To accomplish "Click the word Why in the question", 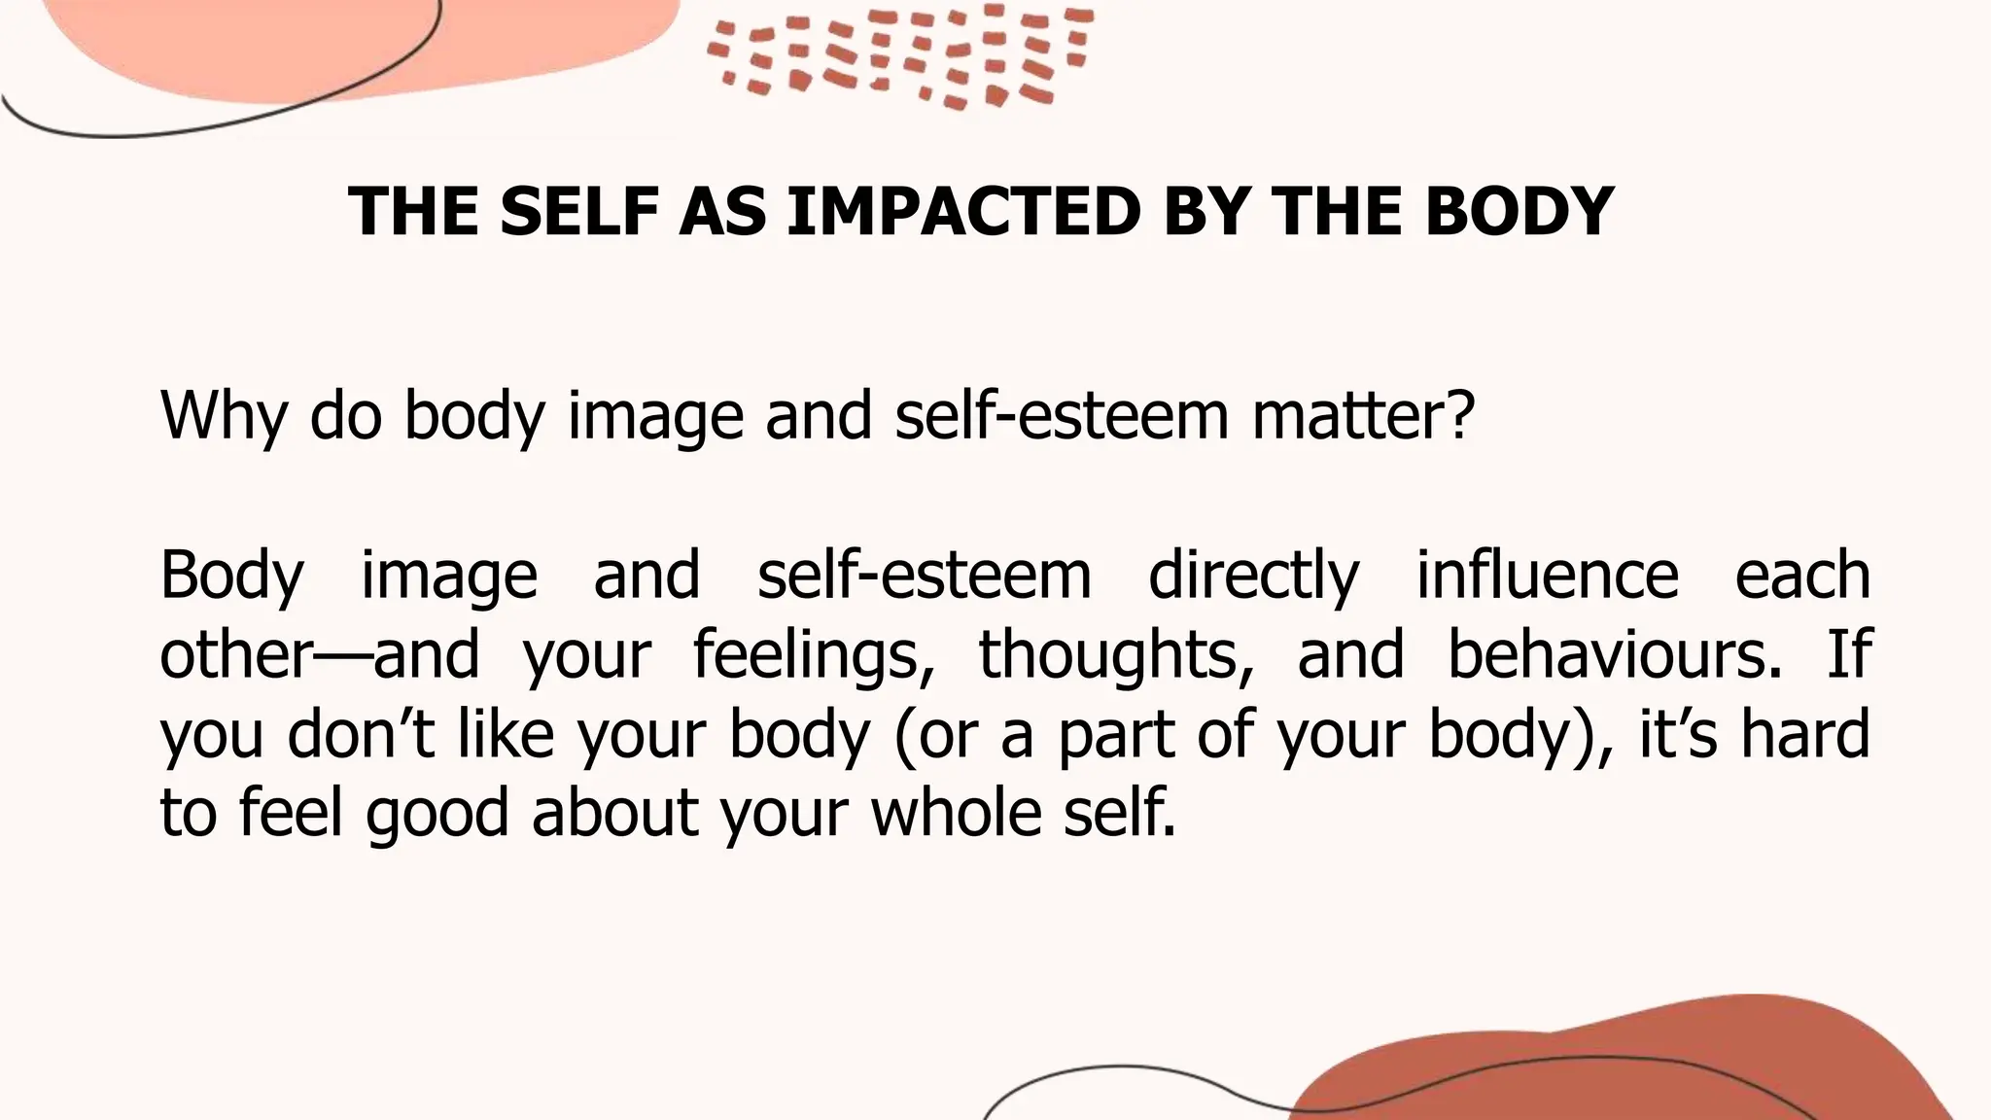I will pos(224,416).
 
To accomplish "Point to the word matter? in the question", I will pos(1363,416).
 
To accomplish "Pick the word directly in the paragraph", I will pos(1253,576).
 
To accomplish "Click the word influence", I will pos(1547,576).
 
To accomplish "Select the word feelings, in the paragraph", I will pos(807,654).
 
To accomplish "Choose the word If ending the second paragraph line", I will pos(1849,654).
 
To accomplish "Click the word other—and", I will pos(319,654).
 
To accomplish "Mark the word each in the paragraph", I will pos(1802,576).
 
